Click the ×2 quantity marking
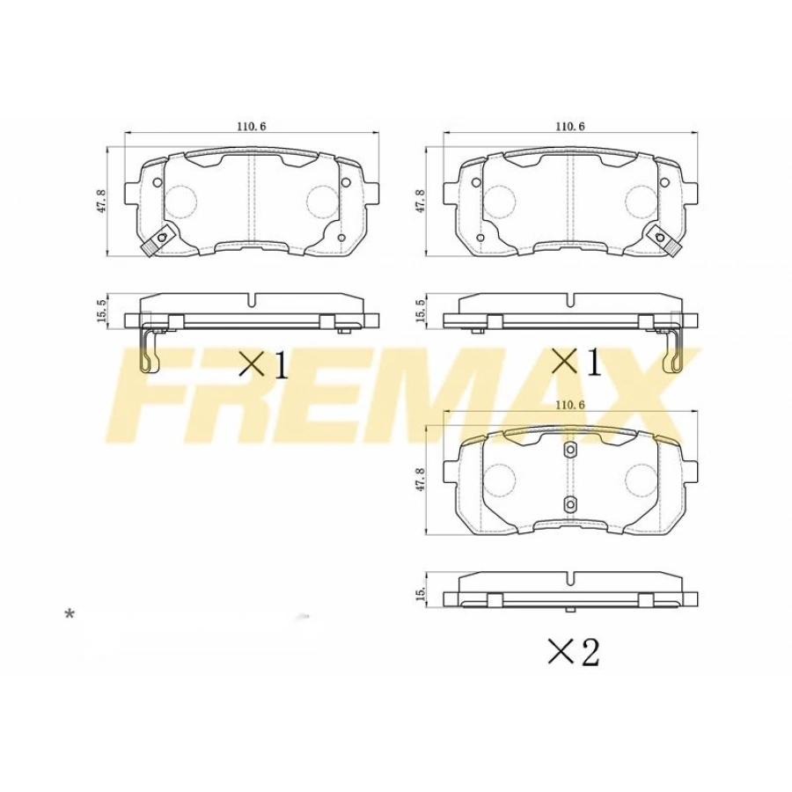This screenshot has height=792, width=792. click(572, 652)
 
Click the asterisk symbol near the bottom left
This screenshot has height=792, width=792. click(70, 614)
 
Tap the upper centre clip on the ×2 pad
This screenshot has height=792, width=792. click(569, 451)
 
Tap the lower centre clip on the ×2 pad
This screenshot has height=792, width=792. click(569, 503)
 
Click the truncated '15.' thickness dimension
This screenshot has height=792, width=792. click(423, 598)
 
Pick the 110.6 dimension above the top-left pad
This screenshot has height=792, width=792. click(252, 126)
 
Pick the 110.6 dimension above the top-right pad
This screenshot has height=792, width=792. click(570, 126)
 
